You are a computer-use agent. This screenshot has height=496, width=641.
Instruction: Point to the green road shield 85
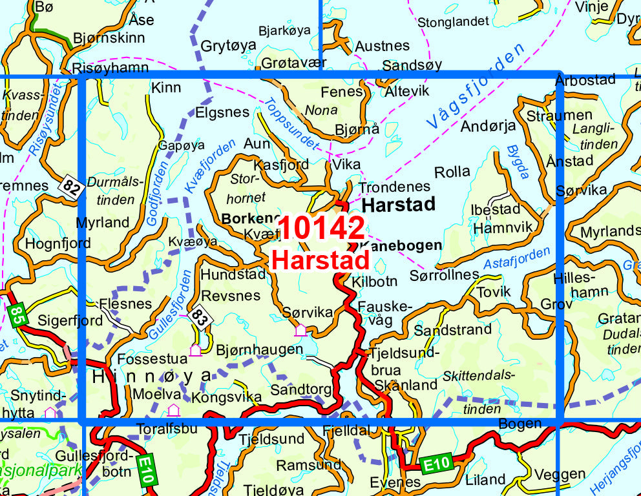pyautogui.click(x=18, y=315)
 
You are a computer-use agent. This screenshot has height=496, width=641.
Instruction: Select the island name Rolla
pyautogui.click(x=452, y=172)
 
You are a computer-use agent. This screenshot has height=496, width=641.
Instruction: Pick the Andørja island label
pyautogui.click(x=488, y=126)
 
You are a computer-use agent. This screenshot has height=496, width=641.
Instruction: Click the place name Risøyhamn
pyautogui.click(x=110, y=68)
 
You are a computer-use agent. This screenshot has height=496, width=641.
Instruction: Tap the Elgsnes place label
pyautogui.click(x=222, y=112)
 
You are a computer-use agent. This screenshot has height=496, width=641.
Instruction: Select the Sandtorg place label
pyautogui.click(x=300, y=389)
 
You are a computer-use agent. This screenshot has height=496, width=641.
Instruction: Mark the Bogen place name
pyautogui.click(x=520, y=424)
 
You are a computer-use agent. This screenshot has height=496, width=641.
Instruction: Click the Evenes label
pyautogui.click(x=395, y=482)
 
